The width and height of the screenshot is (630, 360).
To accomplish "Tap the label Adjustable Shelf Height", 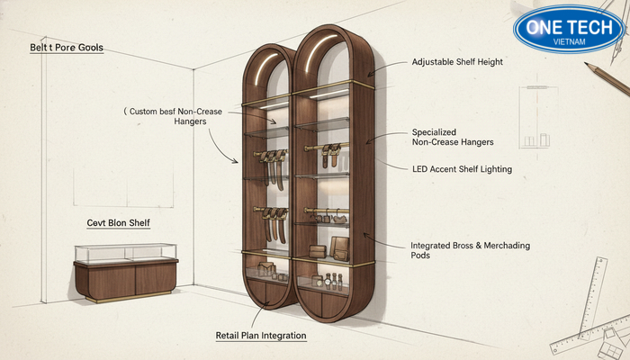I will click(456, 62).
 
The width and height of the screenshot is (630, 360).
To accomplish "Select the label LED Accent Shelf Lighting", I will click(462, 169).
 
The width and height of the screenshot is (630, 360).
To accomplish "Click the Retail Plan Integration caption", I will click(261, 336).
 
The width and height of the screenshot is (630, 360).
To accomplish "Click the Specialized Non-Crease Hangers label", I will click(453, 137).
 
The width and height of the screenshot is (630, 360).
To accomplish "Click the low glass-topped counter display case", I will click(126, 270).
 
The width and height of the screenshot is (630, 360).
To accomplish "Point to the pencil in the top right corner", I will click(604, 76).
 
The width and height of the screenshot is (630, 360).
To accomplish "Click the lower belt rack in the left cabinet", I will click(273, 218).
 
